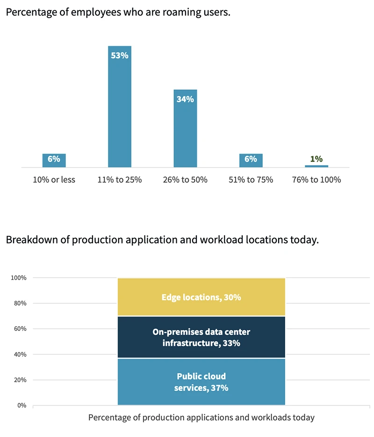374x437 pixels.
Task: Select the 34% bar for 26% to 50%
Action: [185, 129]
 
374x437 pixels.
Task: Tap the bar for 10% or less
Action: [54, 160]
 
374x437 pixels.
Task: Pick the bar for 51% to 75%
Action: [251, 160]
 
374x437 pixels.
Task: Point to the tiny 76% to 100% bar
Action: [316, 166]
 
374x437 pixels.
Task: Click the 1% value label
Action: [316, 159]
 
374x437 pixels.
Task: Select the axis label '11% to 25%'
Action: [120, 179]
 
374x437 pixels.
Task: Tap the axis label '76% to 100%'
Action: [316, 179]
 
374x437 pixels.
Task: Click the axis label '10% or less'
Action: [54, 179]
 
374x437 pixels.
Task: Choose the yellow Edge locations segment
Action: [201, 297]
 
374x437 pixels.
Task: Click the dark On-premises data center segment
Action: [201, 337]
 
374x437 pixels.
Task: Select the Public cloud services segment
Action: [201, 382]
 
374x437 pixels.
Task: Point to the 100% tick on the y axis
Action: [19, 278]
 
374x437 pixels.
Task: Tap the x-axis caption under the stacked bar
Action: [201, 417]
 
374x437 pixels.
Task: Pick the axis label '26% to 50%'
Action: [185, 179]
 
